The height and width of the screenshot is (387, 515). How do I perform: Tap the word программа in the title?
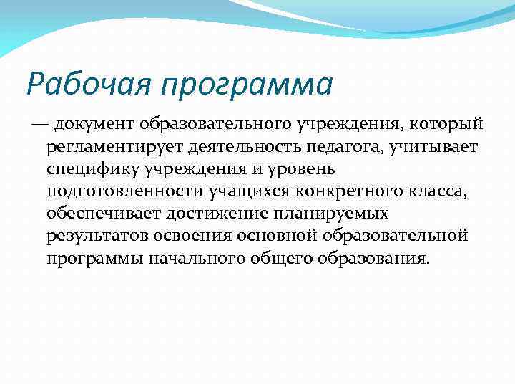pyautogui.click(x=247, y=85)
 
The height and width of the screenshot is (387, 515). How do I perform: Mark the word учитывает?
pyautogui.click(x=442, y=148)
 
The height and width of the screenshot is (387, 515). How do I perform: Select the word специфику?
pyautogui.click(x=91, y=170)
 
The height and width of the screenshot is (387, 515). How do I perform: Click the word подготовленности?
pyautogui.click(x=126, y=192)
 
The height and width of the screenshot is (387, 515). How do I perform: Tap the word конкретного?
pyautogui.click(x=337, y=192)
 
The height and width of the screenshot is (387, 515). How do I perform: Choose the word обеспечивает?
pyautogui.click(x=104, y=214)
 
